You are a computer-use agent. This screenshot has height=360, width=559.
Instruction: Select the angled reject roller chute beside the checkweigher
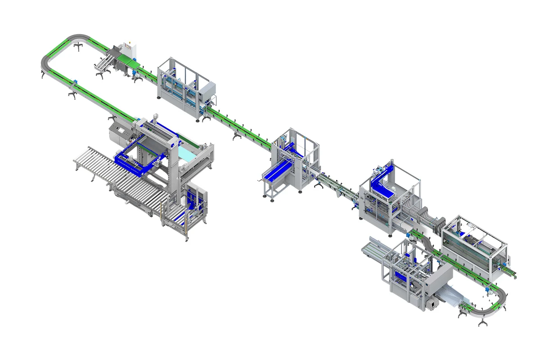(104, 63)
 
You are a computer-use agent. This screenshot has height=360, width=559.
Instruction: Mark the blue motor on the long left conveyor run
(74, 83)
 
